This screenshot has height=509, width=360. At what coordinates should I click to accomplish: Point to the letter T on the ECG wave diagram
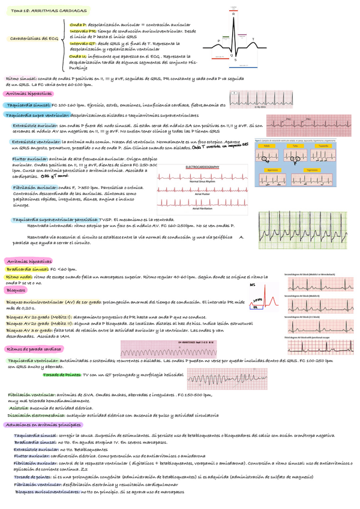(253, 40)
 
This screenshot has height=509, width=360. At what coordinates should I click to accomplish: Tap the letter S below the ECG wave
(236, 59)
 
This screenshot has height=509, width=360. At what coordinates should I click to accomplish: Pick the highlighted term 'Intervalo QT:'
(83, 44)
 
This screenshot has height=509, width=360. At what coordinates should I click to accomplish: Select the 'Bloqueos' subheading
(16, 289)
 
